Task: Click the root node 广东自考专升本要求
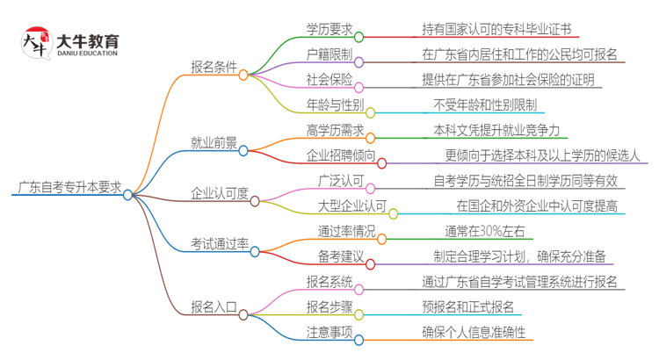click(69, 189)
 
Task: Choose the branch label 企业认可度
click(220, 194)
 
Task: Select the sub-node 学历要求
click(329, 29)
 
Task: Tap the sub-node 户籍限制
click(329, 54)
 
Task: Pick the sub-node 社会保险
click(329, 80)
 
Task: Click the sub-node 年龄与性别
click(335, 105)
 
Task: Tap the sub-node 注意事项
click(329, 333)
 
